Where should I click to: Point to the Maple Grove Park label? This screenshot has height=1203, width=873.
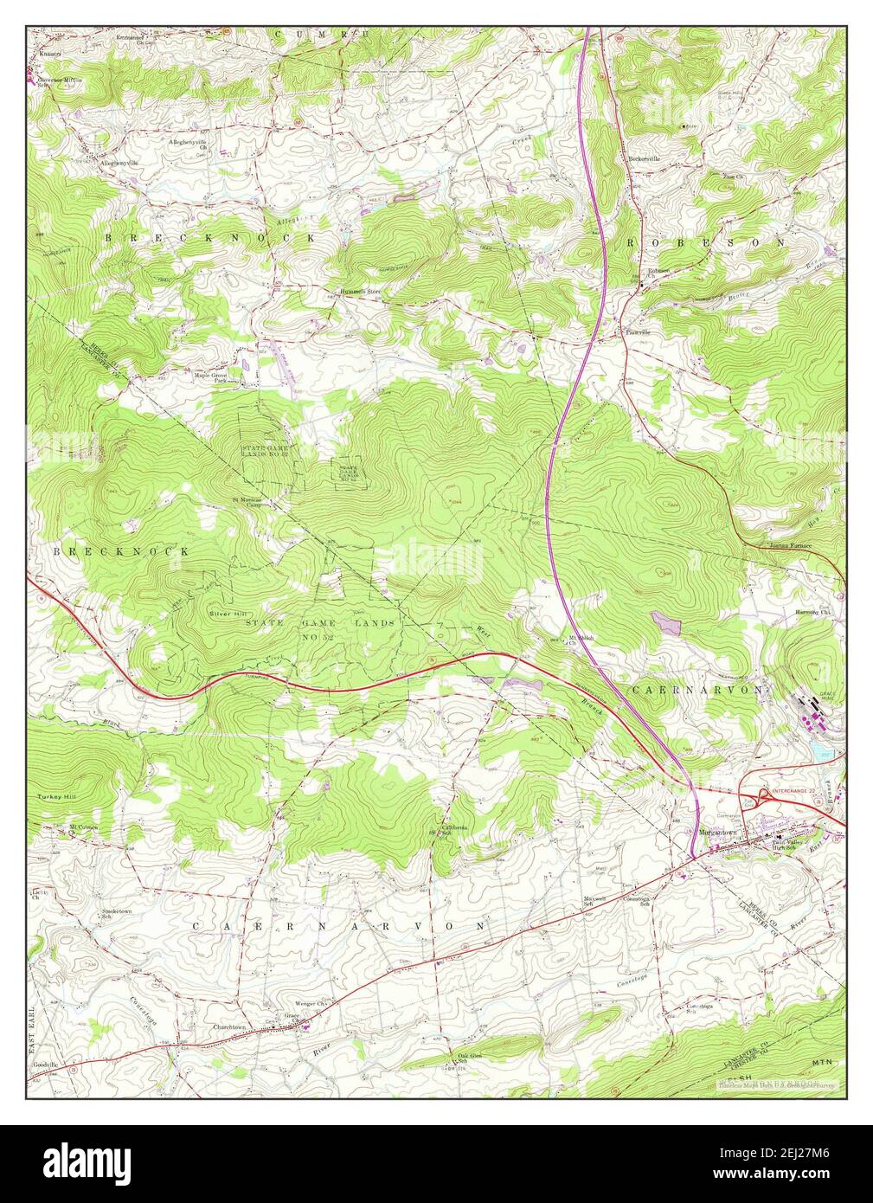[209, 377]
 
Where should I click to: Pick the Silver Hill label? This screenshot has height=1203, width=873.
[228, 612]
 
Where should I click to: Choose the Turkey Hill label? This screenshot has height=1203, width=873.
[55, 796]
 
